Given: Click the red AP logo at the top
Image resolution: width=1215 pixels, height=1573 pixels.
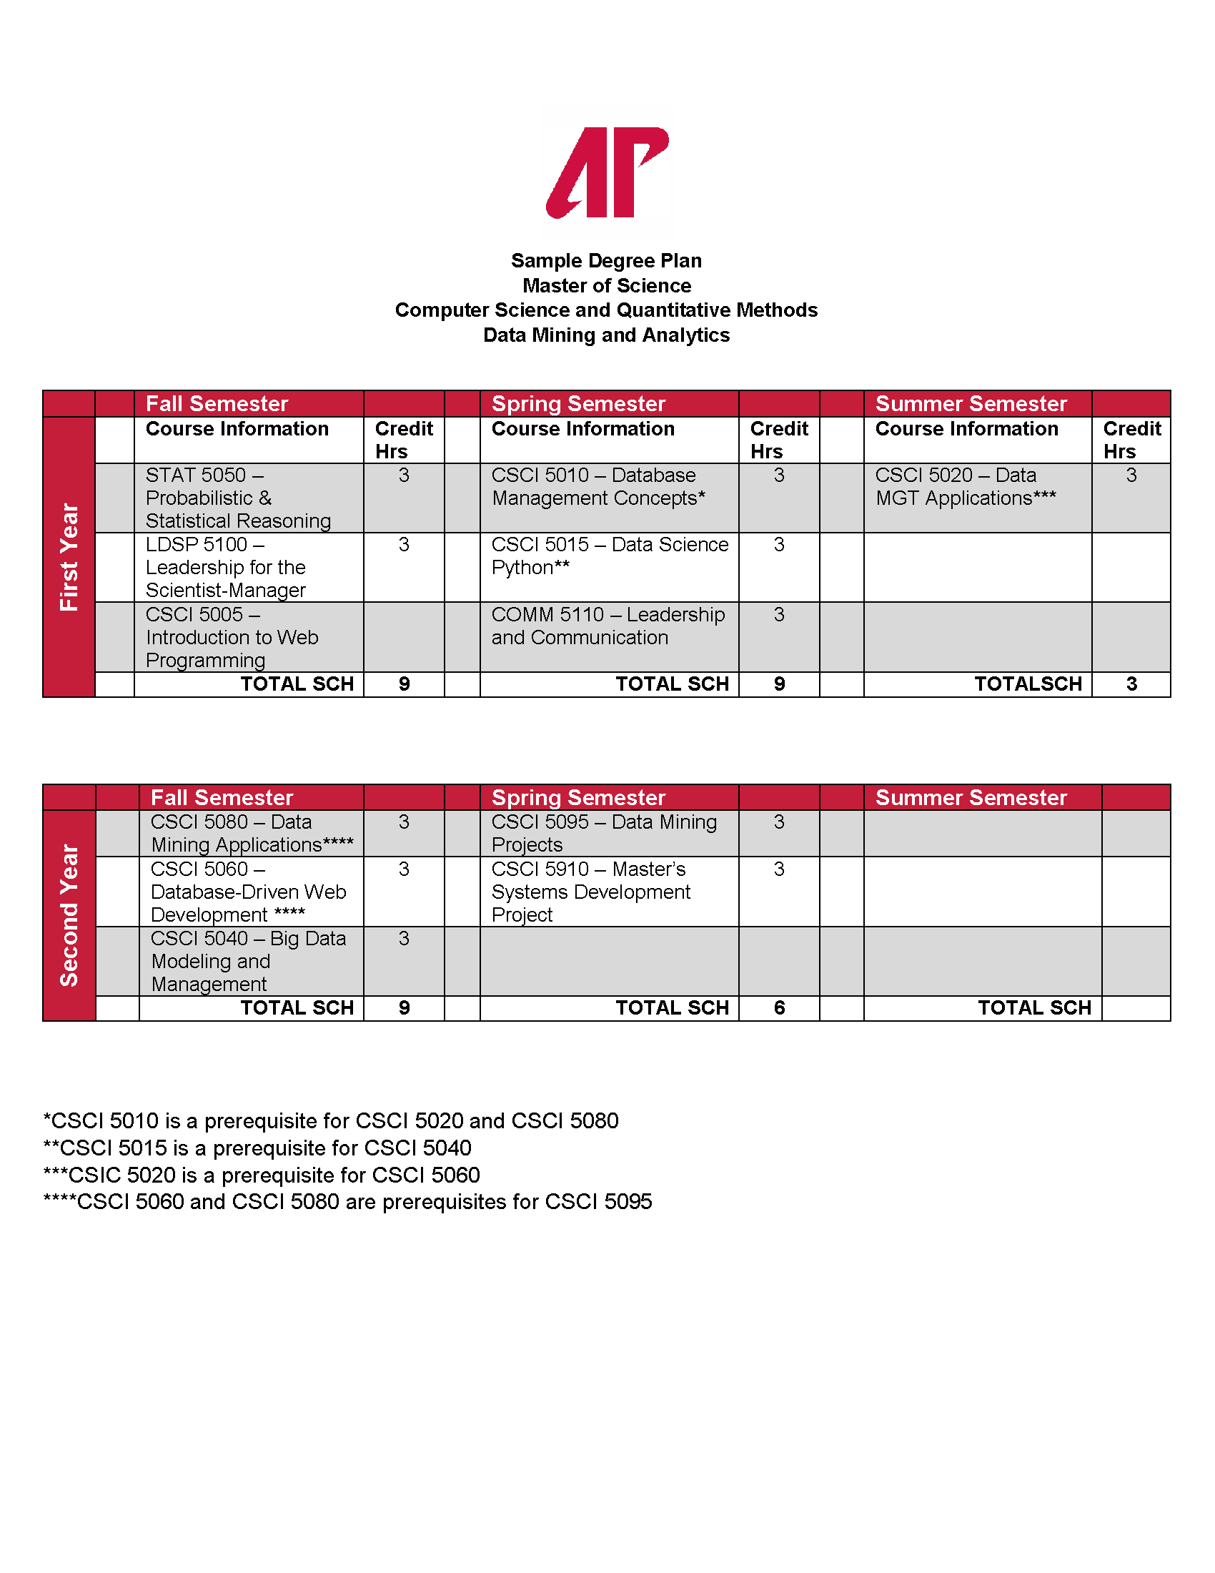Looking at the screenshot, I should click(x=607, y=172).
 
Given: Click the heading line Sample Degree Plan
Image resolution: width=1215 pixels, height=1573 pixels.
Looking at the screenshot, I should click(x=606, y=261).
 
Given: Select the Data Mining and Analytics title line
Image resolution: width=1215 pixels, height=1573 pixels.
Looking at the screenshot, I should click(x=606, y=335).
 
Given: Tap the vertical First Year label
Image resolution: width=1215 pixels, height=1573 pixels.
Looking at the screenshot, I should click(x=69, y=557).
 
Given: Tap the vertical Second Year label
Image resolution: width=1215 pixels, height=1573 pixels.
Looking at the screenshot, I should click(x=69, y=914).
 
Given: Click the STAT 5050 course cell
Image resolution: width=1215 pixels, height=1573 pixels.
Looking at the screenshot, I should click(x=238, y=498).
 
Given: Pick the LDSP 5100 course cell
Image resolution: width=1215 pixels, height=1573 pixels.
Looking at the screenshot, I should click(x=226, y=568).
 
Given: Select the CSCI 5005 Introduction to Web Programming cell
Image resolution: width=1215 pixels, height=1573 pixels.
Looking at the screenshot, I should click(x=232, y=637).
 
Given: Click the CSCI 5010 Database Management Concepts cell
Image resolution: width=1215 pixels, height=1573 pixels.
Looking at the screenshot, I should click(x=598, y=487).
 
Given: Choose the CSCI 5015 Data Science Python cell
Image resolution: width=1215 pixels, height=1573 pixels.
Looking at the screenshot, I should click(x=610, y=556).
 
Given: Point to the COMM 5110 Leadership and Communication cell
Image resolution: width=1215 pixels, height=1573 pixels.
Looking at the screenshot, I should click(x=608, y=626).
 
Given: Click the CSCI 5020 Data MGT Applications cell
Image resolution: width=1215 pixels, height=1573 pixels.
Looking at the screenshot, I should click(x=966, y=487).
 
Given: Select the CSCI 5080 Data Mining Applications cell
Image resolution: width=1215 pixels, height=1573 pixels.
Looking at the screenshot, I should click(x=251, y=833).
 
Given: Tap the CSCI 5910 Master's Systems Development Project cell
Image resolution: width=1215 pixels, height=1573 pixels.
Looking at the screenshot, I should click(x=590, y=892).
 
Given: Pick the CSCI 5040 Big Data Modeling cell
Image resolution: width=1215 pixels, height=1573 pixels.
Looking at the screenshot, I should click(x=248, y=961).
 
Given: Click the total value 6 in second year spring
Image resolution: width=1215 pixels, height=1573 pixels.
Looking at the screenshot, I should click(x=779, y=1007).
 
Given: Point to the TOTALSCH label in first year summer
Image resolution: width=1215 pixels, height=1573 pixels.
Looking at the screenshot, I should click(x=1028, y=684).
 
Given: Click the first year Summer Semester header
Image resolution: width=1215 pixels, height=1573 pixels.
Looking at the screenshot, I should click(x=971, y=403).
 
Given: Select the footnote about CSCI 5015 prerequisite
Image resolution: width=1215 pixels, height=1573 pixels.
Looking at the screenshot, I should click(x=257, y=1148).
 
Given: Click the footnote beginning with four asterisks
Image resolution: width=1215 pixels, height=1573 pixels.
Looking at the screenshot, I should click(x=347, y=1201).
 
